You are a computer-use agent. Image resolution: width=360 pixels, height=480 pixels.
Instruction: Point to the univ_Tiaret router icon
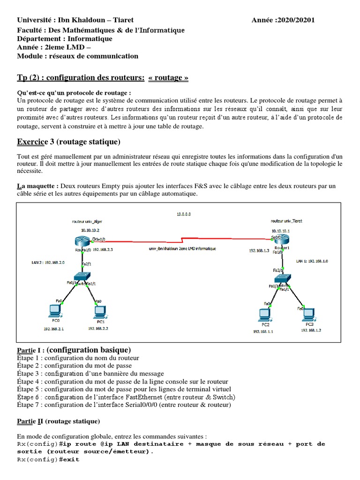[x=280, y=240]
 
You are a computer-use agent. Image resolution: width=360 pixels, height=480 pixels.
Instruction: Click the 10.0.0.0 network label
[x=184, y=214]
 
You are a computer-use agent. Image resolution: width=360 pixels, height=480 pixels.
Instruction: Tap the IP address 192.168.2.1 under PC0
[x=53, y=329]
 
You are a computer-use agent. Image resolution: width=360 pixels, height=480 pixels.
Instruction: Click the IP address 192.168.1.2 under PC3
[x=311, y=330]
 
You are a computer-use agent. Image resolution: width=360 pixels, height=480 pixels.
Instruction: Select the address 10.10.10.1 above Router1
[x=280, y=231]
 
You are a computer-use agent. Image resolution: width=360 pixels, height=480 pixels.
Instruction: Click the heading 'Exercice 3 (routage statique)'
[x=68, y=142]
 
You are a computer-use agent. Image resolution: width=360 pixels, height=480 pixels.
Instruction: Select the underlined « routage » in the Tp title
[x=168, y=78]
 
